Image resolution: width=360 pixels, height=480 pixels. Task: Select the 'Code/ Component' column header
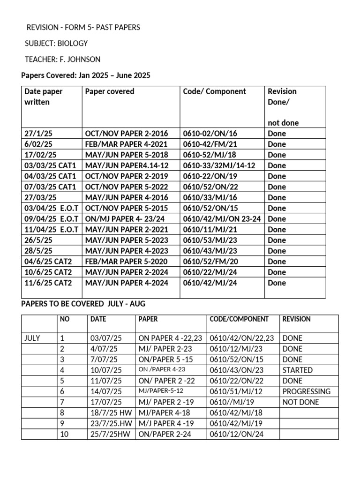pyautogui.click(x=214, y=91)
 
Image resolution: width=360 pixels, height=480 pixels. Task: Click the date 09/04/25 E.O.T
pyautogui.click(x=51, y=219)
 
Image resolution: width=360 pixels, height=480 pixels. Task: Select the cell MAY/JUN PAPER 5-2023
pyautogui.click(x=126, y=240)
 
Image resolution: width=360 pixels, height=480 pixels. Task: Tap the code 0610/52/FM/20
pyautogui.click(x=210, y=262)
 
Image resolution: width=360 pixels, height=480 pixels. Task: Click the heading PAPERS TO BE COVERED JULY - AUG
pyautogui.click(x=83, y=304)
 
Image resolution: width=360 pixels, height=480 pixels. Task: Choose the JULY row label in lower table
pyautogui.click(x=33, y=338)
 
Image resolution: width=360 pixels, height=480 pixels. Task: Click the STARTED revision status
pyautogui.click(x=297, y=370)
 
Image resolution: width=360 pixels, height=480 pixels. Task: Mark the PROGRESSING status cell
pyautogui.click(x=306, y=391)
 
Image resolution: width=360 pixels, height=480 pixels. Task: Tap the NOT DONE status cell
pyautogui.click(x=300, y=402)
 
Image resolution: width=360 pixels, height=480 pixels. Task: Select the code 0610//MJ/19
pyautogui.click(x=231, y=402)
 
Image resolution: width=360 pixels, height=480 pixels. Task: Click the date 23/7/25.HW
pyautogui.click(x=111, y=424)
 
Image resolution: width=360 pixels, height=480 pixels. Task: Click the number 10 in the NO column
pyautogui.click(x=64, y=435)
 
